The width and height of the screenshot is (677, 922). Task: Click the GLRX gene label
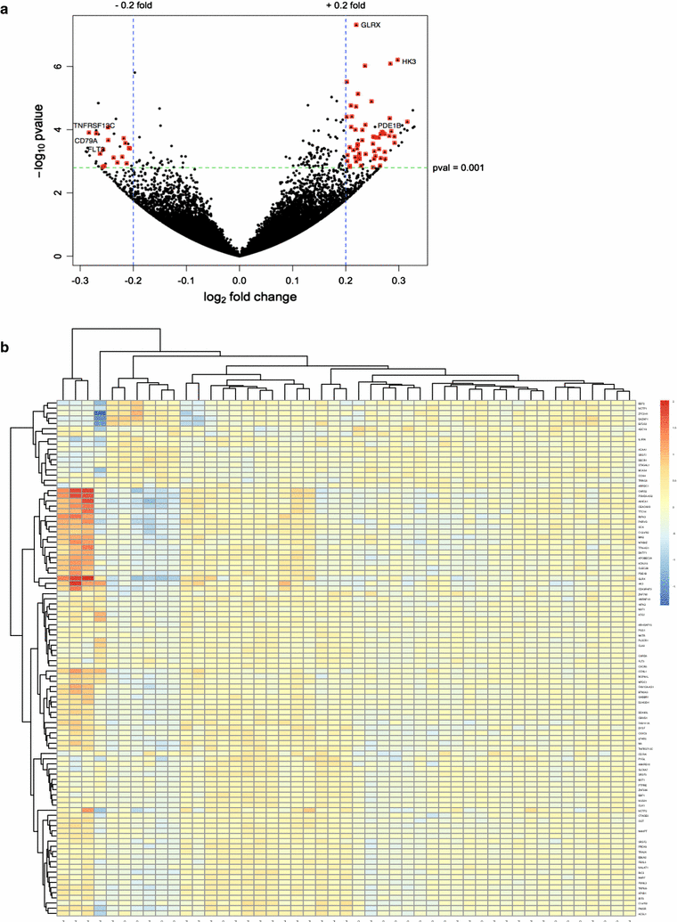[x=371, y=25]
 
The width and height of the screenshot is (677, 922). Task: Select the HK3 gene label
[x=409, y=61]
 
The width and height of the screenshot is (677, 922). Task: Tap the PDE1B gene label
[x=390, y=126]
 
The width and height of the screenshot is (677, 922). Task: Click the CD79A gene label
[x=86, y=141]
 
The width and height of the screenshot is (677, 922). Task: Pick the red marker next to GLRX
[x=356, y=25]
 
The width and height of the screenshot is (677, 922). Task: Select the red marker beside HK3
[x=397, y=61]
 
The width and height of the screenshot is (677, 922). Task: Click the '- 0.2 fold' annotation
[x=134, y=6]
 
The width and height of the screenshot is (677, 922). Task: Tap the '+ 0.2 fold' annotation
[x=346, y=6]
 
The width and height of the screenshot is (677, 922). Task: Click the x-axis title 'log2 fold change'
[x=240, y=296]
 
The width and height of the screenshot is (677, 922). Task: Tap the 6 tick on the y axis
[x=59, y=67]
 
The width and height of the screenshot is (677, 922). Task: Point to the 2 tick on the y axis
[x=59, y=192]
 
